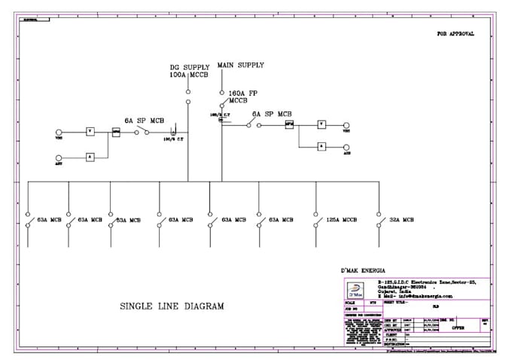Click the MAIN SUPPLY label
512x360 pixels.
(240, 66)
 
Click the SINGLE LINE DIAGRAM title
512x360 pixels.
(172, 306)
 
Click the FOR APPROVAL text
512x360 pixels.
(456, 34)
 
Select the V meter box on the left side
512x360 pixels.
(90, 131)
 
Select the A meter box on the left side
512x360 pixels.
(90, 156)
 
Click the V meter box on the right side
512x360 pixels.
(321, 124)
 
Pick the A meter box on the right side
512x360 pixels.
(321, 146)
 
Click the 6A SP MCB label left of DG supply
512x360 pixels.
(145, 120)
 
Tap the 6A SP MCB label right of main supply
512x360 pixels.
(272, 114)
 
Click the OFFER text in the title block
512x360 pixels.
(458, 328)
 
